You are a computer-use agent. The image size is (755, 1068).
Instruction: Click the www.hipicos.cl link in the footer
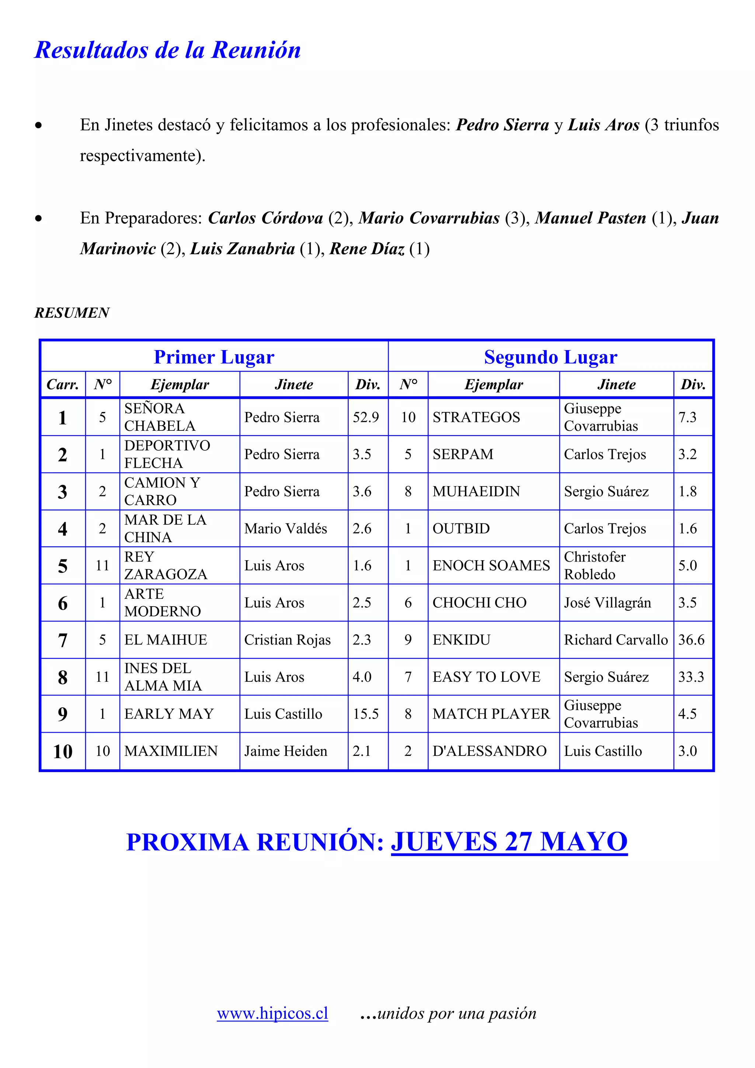coord(272,1013)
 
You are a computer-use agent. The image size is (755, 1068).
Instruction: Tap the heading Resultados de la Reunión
coord(167,50)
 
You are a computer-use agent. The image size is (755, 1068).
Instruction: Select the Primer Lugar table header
coord(214,357)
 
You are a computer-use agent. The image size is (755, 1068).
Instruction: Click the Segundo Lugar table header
coord(550,357)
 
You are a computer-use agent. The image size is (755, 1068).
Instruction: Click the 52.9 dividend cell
coord(366,417)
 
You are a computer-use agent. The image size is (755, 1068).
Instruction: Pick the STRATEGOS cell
coord(476,417)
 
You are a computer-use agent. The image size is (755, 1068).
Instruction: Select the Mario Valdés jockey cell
coord(286,528)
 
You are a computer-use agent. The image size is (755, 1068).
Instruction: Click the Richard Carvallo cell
coord(615,640)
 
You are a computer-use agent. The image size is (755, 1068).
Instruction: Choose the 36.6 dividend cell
coord(691,640)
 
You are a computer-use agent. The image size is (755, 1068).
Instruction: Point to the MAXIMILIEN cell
coord(171,751)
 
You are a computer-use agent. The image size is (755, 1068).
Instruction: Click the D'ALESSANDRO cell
coord(489,751)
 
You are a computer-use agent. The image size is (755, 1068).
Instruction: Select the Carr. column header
coord(63,384)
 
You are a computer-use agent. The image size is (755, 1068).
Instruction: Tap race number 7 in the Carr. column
coord(63,640)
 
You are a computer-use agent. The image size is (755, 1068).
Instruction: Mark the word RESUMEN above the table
coord(72,313)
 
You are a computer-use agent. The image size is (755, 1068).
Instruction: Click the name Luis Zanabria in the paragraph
coord(242,249)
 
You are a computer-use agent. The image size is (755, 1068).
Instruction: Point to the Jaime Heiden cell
coord(286,751)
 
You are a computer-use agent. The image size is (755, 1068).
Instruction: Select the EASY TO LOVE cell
coord(486,677)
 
